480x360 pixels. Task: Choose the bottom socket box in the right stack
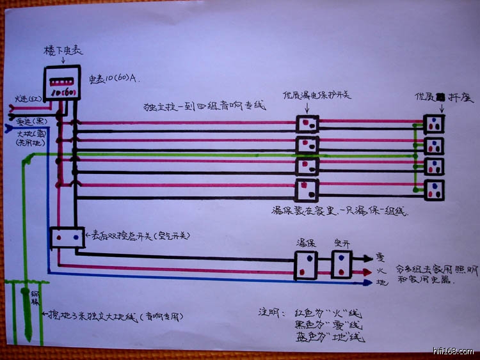coord(434,190)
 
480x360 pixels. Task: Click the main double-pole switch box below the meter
coord(67,237)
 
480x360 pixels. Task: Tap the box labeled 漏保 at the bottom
coord(307,264)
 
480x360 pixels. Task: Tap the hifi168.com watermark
coord(452,351)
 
